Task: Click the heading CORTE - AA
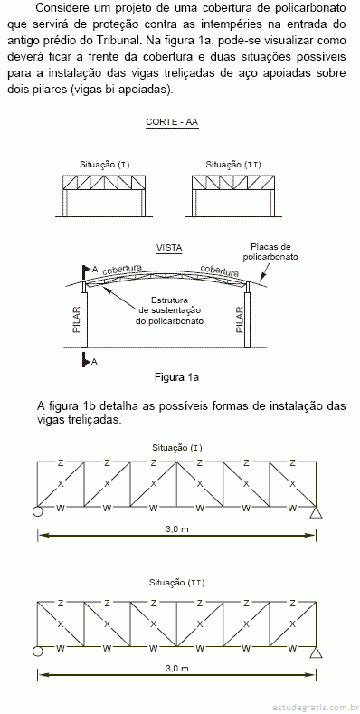172,122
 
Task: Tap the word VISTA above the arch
169,248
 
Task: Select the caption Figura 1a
177,377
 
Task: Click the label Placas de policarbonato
270,252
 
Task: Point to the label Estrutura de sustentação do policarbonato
169,310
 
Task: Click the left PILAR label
76,319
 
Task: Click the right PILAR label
240,319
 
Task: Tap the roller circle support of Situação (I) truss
37,512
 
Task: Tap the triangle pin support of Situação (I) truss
316,512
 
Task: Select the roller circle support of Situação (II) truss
37,652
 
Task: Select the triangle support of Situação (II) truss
316,652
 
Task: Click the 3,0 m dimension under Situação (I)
177,529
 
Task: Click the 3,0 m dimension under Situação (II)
177,669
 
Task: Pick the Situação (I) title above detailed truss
177,448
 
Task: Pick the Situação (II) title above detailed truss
177,583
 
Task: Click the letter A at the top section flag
95,270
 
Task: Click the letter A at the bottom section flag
94,362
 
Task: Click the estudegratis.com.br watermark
313,707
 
